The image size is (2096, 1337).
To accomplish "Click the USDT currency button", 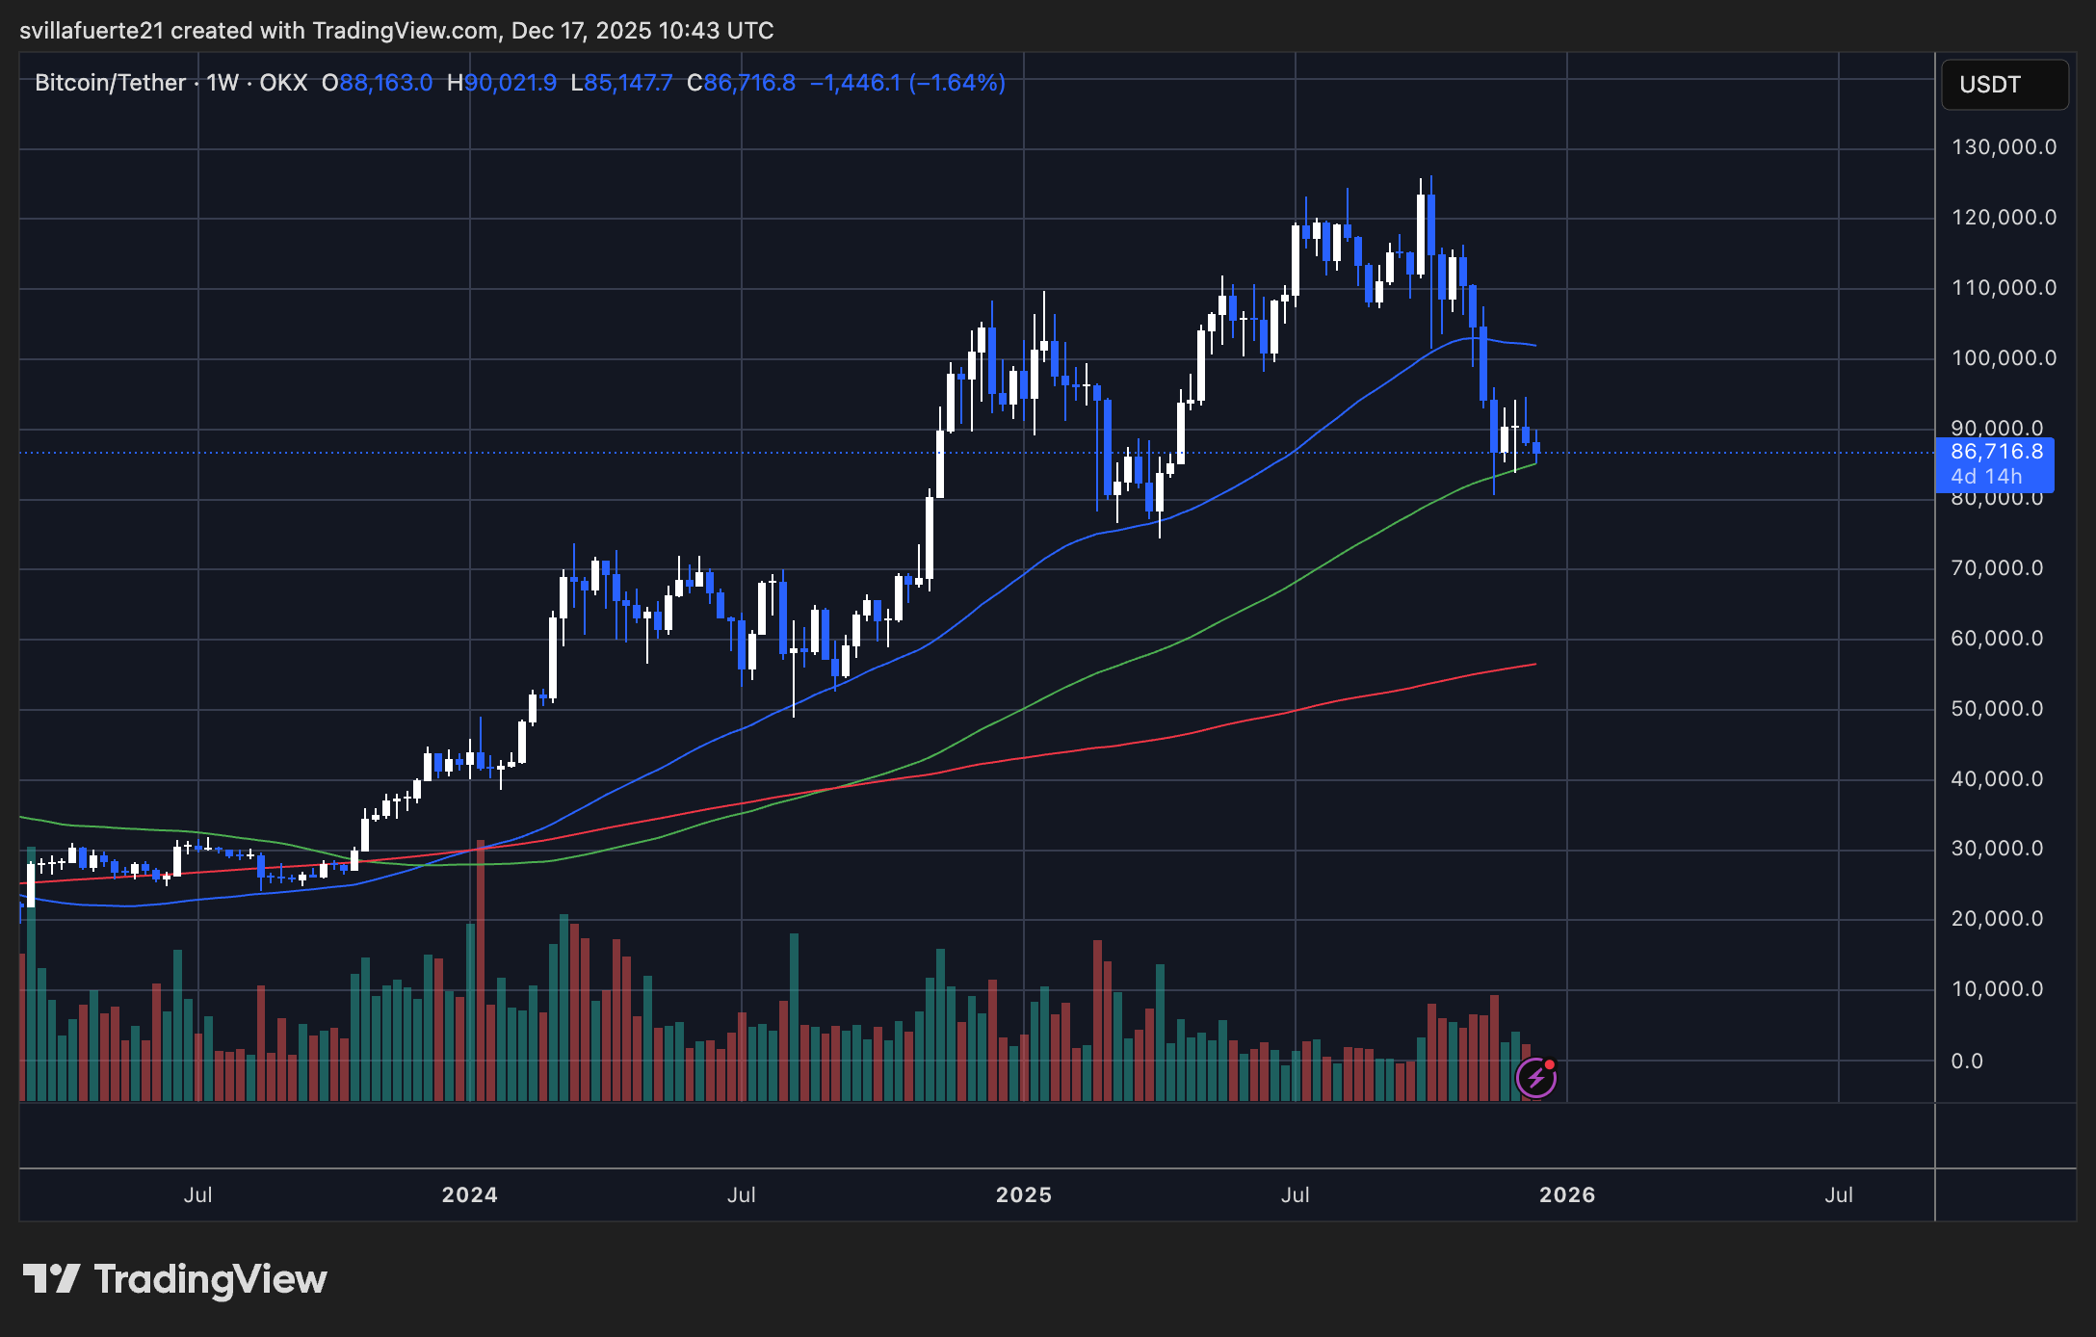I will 2004,85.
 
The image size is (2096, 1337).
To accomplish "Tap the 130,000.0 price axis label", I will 2003,147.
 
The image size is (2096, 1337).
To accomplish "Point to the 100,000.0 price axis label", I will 2003,358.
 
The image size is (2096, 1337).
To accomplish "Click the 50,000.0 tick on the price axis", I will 1996,709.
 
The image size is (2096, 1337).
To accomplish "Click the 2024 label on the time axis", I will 469,1195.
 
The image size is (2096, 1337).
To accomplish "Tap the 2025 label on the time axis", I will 1023,1195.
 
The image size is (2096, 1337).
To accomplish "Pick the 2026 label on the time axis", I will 1566,1195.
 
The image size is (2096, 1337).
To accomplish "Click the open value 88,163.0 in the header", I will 385,83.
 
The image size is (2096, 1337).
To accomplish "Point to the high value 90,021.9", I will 511,83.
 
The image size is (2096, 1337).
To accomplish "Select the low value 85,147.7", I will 628,83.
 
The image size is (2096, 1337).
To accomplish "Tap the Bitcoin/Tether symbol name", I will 110,83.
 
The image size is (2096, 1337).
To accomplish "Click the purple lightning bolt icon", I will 1535,1078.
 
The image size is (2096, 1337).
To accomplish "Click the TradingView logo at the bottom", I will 175,1280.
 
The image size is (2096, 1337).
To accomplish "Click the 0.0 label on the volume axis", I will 1967,1062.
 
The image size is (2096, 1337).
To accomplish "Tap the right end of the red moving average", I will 1533,665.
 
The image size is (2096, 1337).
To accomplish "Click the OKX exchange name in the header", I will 283,83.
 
